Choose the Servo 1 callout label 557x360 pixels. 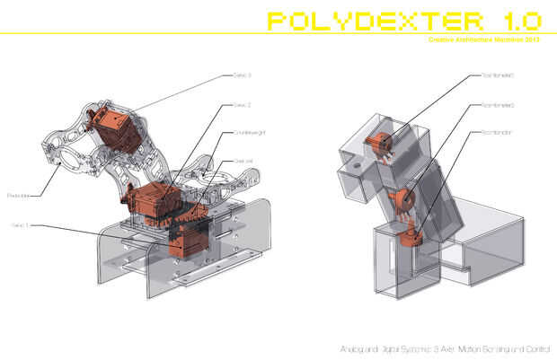click(21, 224)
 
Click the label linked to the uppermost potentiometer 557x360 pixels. click(497, 75)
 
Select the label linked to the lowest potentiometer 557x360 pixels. click(496, 133)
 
